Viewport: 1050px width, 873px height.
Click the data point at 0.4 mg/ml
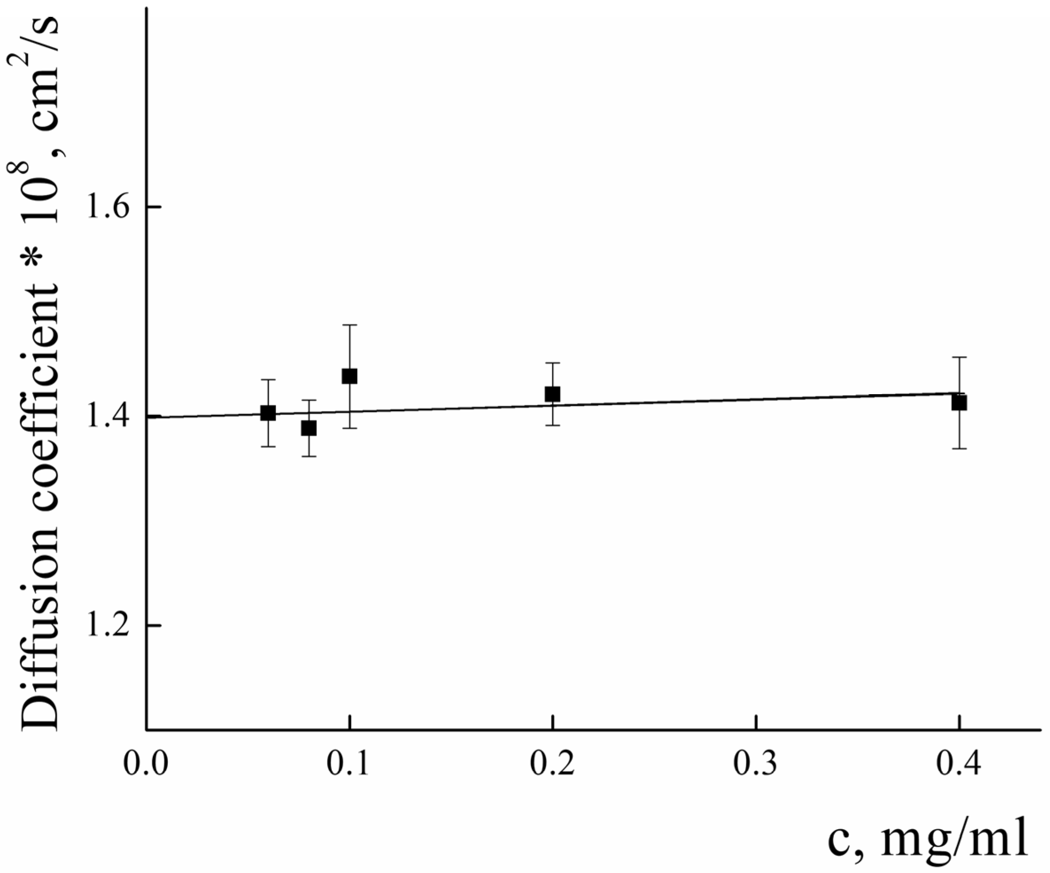click(x=958, y=403)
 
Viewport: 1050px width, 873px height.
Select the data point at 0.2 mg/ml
click(x=552, y=394)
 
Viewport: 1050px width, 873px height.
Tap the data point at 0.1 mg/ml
click(x=349, y=376)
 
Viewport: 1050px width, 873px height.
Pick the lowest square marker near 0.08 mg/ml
click(x=309, y=428)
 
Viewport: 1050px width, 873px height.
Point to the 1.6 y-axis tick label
click(x=107, y=207)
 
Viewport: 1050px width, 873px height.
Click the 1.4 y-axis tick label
click(x=107, y=416)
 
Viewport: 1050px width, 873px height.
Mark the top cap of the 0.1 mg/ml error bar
click(x=349, y=325)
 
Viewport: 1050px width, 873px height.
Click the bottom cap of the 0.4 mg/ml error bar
click(x=958, y=449)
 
